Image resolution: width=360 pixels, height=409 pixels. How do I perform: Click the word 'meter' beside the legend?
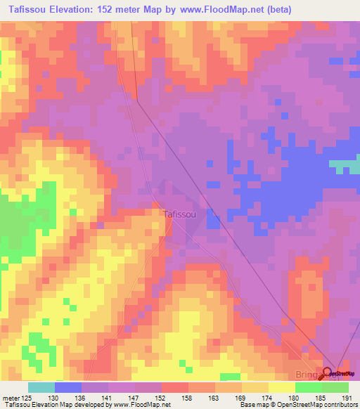(x=11, y=397)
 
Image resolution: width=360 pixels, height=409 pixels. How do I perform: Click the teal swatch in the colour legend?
(x=41, y=387)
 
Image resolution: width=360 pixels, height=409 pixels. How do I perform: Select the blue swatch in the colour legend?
(x=68, y=387)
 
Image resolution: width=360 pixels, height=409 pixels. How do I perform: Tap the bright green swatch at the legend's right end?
(x=335, y=387)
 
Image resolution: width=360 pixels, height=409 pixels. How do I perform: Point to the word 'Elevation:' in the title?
(x=84, y=10)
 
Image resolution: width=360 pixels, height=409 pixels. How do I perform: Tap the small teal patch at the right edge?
(x=345, y=167)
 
